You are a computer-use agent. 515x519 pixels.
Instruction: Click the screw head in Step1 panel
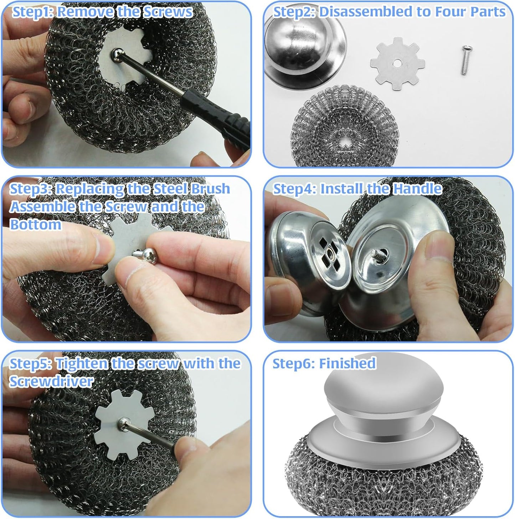pyautogui.click(x=115, y=53)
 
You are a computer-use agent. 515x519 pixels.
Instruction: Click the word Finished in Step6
pyautogui.click(x=347, y=364)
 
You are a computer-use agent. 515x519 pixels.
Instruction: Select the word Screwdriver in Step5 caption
pyautogui.click(x=51, y=381)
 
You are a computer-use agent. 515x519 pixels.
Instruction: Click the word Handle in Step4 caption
pyautogui.click(x=417, y=189)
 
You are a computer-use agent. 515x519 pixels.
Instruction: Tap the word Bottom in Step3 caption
pyautogui.click(x=35, y=225)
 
